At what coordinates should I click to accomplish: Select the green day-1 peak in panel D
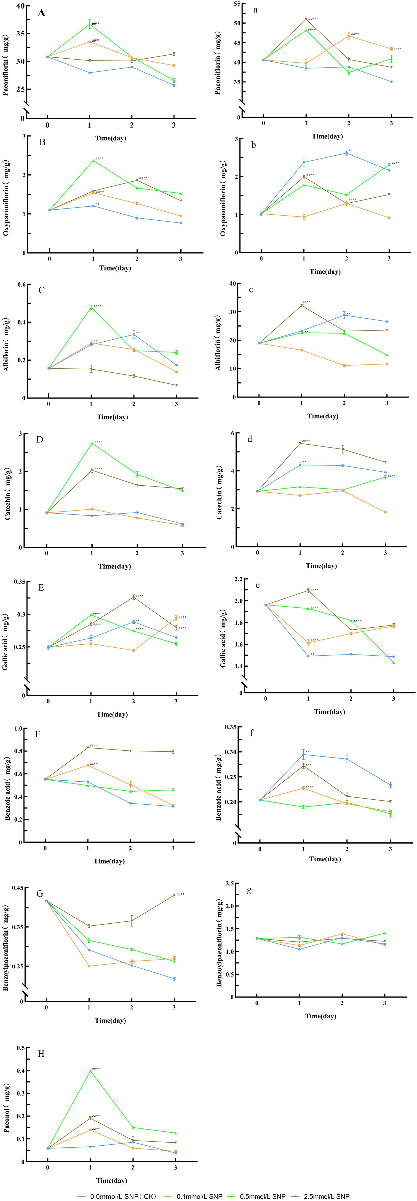(x=92, y=443)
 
